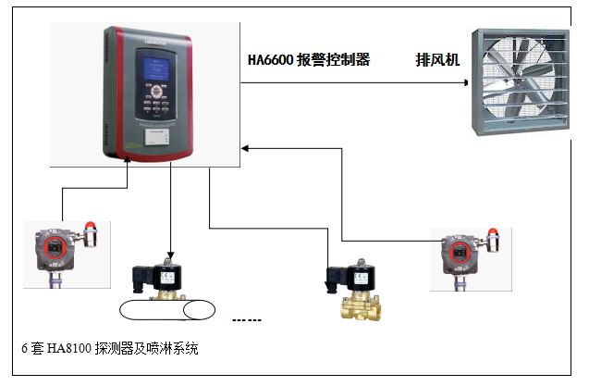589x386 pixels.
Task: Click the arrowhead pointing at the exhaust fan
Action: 466,82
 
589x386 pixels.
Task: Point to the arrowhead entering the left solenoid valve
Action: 171,256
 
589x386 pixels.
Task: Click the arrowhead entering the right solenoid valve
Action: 328,288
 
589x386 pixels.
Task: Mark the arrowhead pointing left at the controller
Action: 246,147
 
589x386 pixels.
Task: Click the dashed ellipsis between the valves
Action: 247,320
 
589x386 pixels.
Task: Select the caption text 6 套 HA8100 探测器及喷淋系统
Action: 109,349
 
